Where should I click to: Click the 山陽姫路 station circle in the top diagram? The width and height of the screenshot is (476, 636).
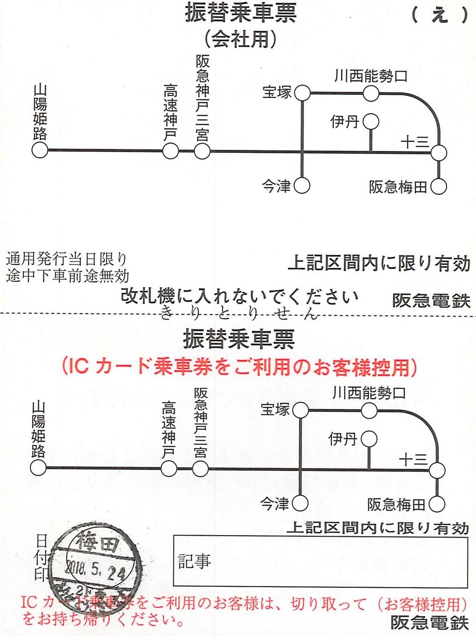[40, 150]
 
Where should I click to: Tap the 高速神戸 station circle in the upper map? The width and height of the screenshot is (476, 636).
[171, 150]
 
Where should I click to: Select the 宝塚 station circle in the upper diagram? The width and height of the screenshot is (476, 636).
[302, 93]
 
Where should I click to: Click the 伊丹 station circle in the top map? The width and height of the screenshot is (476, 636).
[371, 122]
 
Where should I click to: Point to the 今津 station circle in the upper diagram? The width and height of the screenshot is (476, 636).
[302, 186]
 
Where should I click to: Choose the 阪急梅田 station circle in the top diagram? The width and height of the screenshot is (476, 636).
[438, 187]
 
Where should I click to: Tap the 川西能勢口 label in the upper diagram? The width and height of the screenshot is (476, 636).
[371, 76]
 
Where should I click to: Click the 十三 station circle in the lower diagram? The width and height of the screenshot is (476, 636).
[437, 470]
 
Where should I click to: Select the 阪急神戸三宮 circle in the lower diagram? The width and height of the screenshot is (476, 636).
[200, 468]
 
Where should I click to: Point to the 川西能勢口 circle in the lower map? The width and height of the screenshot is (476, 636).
[369, 411]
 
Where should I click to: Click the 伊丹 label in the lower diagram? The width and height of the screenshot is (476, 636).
[343, 439]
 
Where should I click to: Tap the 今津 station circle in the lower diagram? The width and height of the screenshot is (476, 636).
[300, 503]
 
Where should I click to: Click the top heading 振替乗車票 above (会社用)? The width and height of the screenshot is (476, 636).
[240, 13]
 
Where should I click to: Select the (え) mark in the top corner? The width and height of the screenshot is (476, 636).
[440, 15]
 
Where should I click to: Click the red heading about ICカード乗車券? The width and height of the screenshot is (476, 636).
[239, 367]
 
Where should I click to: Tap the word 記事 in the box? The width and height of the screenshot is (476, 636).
[194, 561]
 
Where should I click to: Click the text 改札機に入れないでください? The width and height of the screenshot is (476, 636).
[239, 297]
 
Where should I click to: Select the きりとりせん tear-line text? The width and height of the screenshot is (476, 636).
[239, 314]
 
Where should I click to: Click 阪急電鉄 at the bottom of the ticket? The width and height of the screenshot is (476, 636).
[430, 622]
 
